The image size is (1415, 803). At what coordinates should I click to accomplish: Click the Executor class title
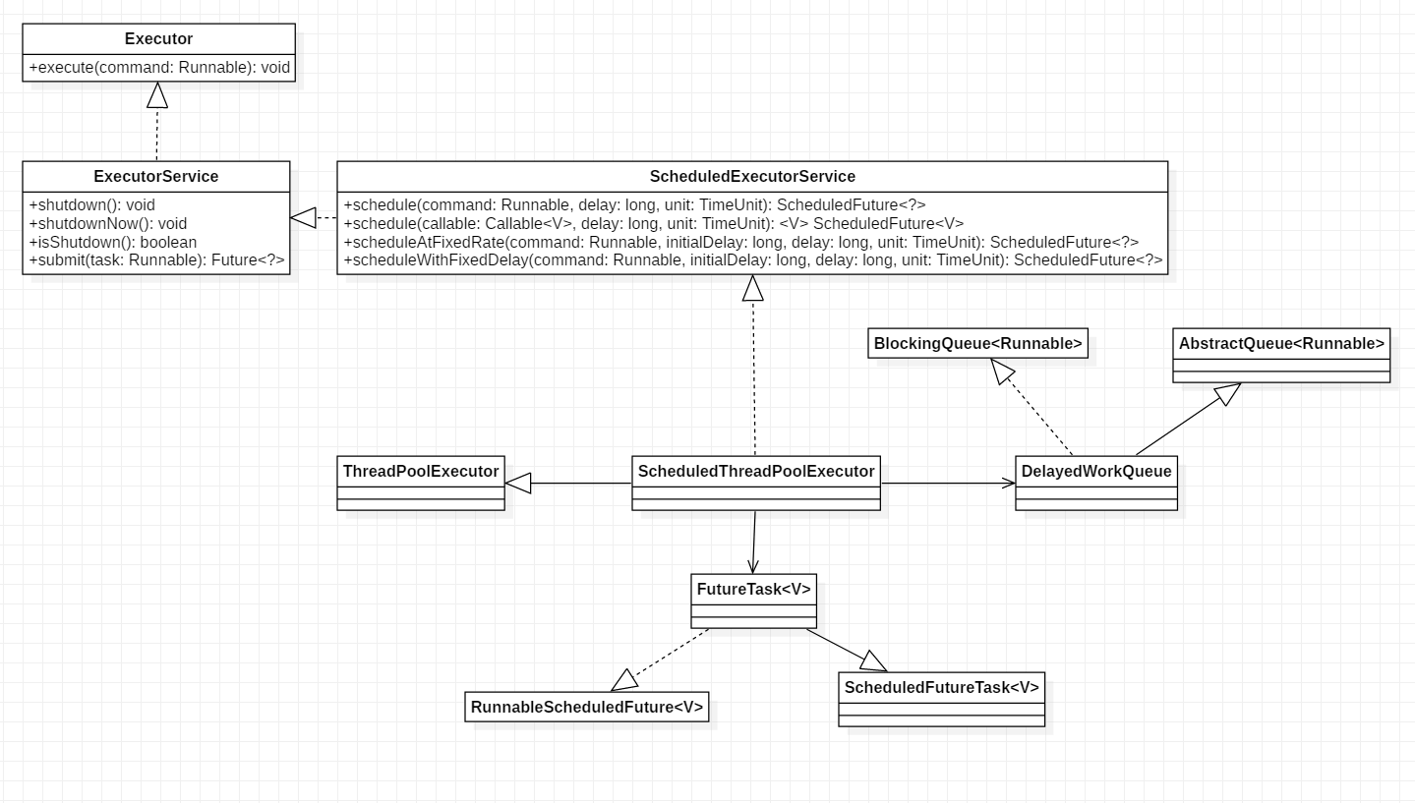tap(158, 39)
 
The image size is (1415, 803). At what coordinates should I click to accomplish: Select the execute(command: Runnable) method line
tap(159, 68)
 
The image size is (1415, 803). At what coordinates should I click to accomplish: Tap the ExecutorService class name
tap(156, 177)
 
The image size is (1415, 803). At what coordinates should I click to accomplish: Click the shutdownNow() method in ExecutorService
tap(108, 223)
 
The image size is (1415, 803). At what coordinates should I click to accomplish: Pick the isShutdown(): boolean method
tap(113, 242)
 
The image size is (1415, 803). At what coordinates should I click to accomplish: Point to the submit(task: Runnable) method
tap(157, 260)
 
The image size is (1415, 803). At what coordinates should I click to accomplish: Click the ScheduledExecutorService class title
tap(752, 177)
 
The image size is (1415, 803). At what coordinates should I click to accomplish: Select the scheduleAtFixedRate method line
tap(740, 242)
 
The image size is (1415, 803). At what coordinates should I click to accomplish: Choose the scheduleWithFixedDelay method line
tap(753, 260)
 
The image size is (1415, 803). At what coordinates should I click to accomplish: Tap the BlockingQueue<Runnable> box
tap(978, 344)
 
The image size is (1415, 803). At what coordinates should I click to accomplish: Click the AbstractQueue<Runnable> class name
tap(1281, 344)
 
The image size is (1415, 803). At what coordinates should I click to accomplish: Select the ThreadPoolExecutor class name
tap(421, 472)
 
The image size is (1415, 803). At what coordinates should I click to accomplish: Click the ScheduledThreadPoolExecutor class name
tap(755, 472)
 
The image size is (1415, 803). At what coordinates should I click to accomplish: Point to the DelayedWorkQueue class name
tap(1096, 472)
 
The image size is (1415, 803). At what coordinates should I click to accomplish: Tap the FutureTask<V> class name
tap(754, 590)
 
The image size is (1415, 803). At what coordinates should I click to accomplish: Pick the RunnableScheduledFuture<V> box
tap(587, 708)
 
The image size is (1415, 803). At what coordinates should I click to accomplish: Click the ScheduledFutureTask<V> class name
tap(941, 688)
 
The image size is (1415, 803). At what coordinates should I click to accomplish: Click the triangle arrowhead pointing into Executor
tap(156, 94)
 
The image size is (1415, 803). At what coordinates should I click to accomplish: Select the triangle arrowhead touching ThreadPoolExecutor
tap(518, 483)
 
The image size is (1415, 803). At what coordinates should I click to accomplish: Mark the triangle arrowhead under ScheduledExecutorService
tap(753, 287)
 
